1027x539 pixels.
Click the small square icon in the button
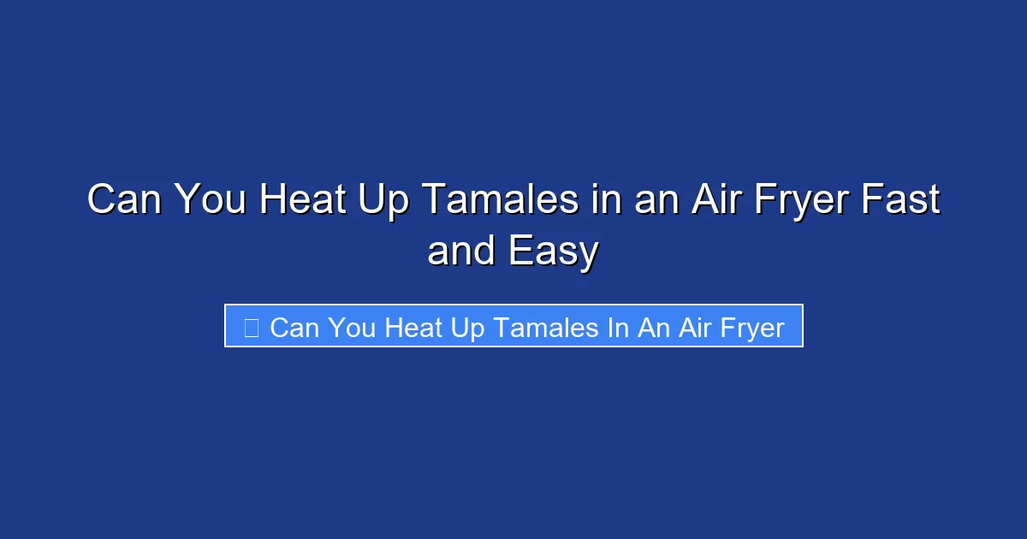click(x=251, y=328)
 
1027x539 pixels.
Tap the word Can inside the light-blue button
click(x=294, y=327)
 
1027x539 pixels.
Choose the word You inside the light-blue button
click(x=349, y=327)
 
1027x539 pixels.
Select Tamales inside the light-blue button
click(x=532, y=327)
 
